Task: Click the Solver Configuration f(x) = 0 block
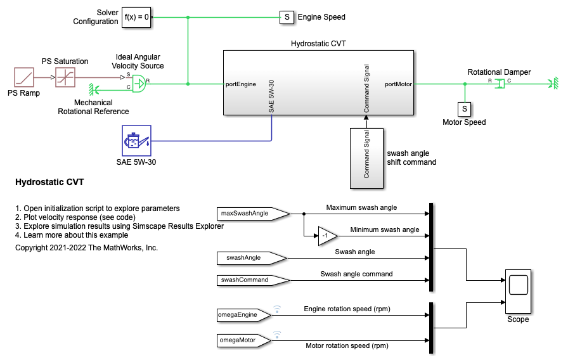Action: (x=138, y=17)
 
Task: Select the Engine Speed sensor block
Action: (x=287, y=17)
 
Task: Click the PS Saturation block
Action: (x=65, y=78)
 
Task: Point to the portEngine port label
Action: (x=241, y=84)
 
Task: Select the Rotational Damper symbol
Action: (x=499, y=83)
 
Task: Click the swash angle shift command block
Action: (x=366, y=157)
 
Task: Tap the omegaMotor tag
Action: (x=242, y=340)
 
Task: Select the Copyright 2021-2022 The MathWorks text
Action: (x=86, y=248)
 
